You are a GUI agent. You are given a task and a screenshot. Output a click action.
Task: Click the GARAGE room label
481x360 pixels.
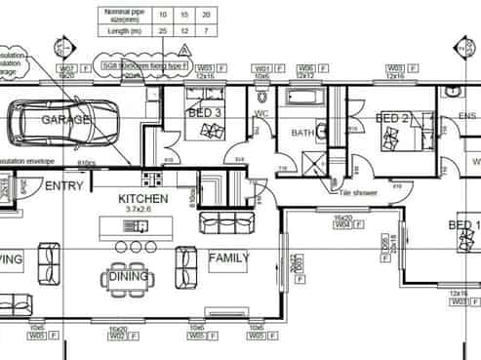click(x=65, y=120)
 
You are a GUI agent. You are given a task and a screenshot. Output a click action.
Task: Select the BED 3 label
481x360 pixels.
click(x=205, y=113)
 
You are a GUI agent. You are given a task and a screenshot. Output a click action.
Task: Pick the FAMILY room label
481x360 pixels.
click(x=228, y=259)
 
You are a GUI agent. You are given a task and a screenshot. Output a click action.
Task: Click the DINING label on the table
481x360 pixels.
click(x=129, y=277)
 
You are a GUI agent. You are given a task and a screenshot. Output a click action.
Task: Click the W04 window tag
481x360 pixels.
click(x=342, y=225)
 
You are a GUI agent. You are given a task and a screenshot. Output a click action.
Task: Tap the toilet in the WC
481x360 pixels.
click(x=261, y=97)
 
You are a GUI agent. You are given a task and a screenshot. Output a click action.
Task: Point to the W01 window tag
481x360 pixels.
click(x=261, y=68)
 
